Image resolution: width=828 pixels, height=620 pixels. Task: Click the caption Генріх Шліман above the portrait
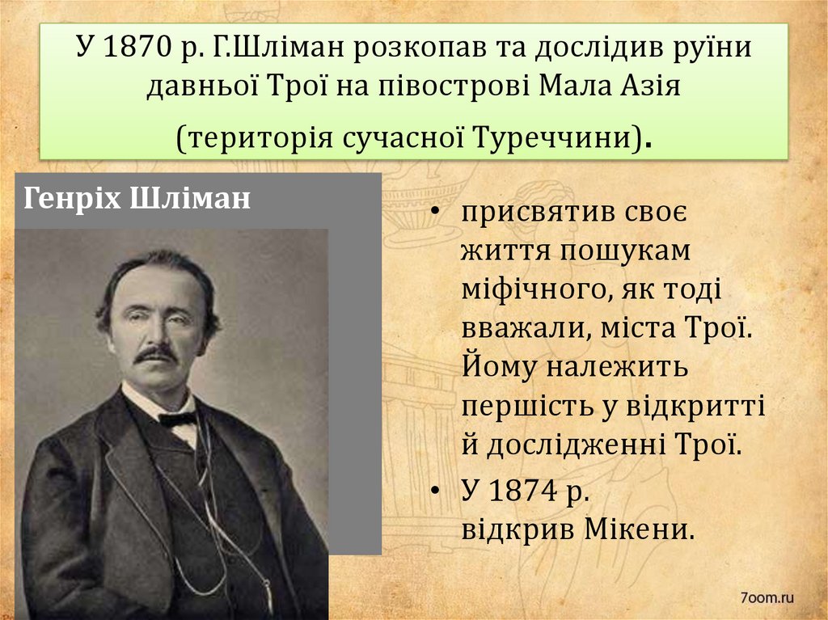pos(137,199)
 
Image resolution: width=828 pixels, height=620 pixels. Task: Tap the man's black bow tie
pos(178,419)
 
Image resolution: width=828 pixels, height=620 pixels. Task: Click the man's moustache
pos(155,354)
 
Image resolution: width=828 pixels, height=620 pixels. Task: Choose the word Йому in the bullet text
pos(497,368)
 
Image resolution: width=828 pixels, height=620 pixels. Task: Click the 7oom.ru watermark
pos(767,598)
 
